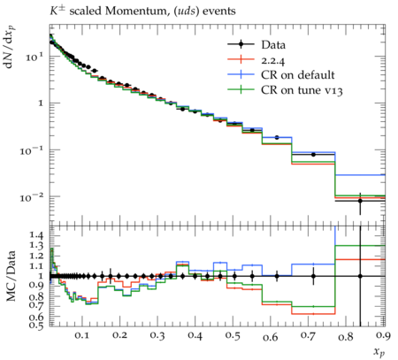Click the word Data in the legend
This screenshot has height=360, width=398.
pos(273,45)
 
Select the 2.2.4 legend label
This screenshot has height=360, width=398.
pos(273,60)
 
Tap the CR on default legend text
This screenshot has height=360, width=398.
pos(298,75)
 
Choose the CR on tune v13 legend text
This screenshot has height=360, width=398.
pos(302,90)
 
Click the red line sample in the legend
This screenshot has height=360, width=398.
pos(241,59)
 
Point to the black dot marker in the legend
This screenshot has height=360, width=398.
pos(241,44)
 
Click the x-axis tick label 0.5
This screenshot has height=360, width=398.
pos(233,335)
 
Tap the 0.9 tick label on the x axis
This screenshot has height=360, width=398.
pos(383,335)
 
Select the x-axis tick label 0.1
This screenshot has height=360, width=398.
pos(81,335)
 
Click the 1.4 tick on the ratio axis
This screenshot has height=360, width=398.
pos(36,235)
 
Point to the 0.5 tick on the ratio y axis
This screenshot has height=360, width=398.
pos(36,325)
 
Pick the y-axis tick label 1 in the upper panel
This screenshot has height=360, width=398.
pos(41,103)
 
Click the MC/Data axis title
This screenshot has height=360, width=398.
pos(11,276)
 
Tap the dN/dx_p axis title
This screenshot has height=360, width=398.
pos(11,47)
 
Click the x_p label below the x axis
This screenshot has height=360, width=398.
pos(379,352)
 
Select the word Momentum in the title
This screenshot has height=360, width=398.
pos(136,11)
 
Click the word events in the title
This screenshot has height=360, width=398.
pos(218,11)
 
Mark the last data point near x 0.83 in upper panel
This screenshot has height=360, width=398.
pos(360,201)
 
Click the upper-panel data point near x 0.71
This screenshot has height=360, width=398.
pos(313,155)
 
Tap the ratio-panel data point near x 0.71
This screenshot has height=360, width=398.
pos(313,276)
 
